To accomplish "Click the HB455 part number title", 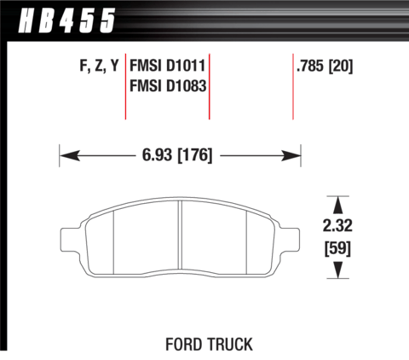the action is click(x=66, y=20).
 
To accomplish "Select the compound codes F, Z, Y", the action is click(x=99, y=66).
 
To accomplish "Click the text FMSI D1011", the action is click(x=167, y=66).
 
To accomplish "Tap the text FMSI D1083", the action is click(x=168, y=85).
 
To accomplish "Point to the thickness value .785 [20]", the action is click(x=325, y=66).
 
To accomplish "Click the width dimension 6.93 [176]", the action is click(x=177, y=155).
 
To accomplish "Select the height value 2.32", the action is click(x=337, y=225).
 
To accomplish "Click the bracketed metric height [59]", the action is click(x=337, y=248).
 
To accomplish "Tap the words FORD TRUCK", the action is click(x=209, y=345).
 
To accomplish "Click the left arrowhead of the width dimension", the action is click(x=70, y=156).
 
